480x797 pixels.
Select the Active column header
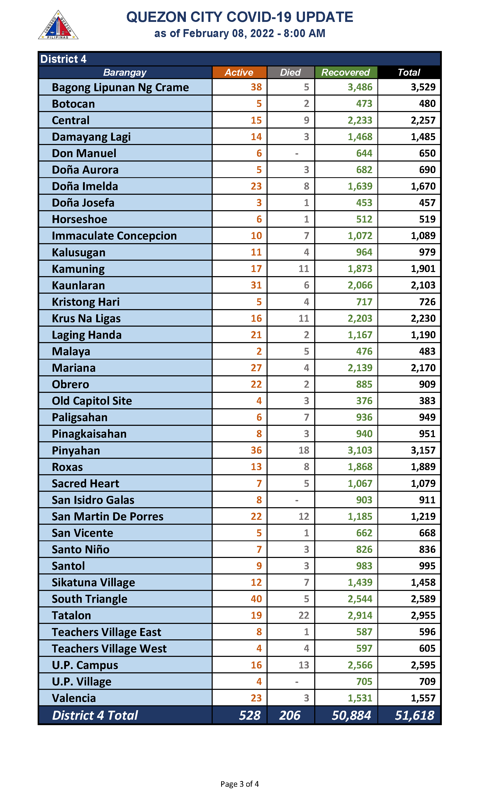tap(239, 72)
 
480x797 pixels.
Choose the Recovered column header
tap(345, 72)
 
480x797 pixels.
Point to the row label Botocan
tap(73, 104)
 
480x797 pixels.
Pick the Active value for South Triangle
tap(256, 599)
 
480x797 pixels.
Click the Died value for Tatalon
tap(304, 615)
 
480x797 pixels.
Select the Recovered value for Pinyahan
tap(360, 450)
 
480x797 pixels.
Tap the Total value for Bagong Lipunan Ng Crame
tap(423, 87)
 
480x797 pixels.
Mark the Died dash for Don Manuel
tap(297, 154)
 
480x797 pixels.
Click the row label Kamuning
tap(78, 269)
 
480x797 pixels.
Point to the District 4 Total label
tap(95, 715)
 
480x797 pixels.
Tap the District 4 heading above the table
tap(63, 59)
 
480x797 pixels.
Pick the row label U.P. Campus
tap(85, 665)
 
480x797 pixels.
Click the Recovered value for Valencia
tap(360, 698)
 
